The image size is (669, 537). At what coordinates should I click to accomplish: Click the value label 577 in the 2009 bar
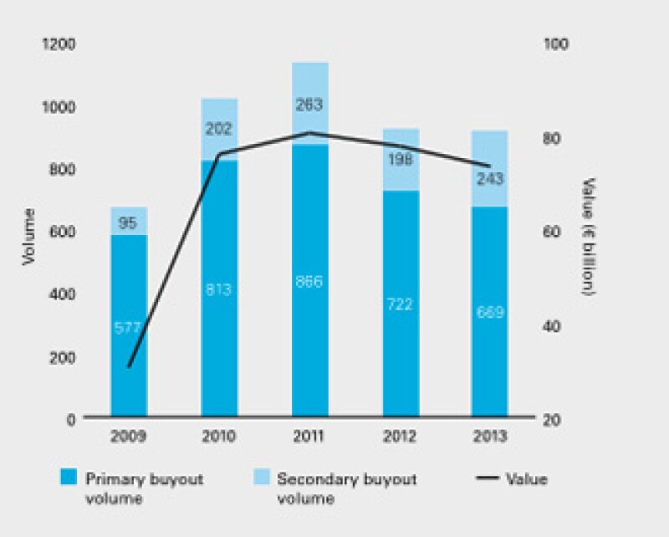pyautogui.click(x=129, y=327)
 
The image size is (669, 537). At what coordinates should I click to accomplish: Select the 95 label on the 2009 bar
pyautogui.click(x=129, y=222)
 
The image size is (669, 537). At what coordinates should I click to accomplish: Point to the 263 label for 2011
pyautogui.click(x=309, y=105)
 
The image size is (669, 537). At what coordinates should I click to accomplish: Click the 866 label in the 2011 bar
pyautogui.click(x=309, y=282)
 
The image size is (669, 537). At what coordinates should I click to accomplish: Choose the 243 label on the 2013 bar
pyautogui.click(x=490, y=178)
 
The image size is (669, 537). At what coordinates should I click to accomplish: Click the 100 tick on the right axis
pyautogui.click(x=556, y=44)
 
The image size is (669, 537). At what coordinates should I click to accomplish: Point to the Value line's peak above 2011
pyautogui.click(x=309, y=132)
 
